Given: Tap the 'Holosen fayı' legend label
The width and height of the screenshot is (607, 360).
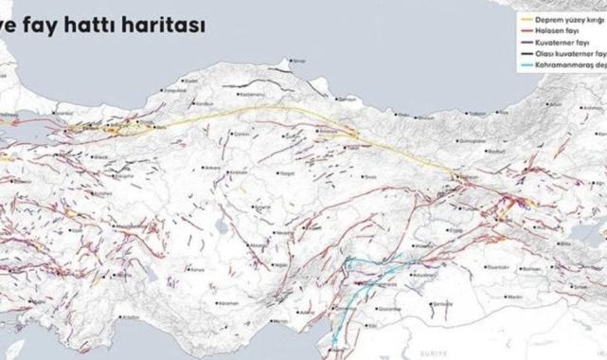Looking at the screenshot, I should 559,30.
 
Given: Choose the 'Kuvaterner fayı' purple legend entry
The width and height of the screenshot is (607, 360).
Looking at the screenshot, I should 562,44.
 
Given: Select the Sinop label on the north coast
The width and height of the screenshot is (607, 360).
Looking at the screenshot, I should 301,61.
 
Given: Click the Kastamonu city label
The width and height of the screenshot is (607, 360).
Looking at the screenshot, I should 251,97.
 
